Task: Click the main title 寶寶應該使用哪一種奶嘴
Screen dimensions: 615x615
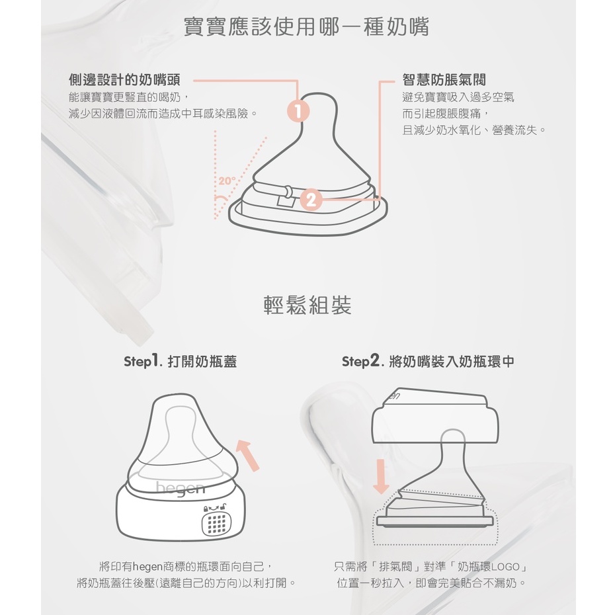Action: coord(306,26)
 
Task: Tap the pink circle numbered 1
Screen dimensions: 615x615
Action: coord(298,110)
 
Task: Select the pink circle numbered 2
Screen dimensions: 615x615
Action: coord(311,200)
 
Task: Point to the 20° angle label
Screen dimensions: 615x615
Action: coord(227,181)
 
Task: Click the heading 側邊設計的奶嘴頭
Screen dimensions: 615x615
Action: coord(125,79)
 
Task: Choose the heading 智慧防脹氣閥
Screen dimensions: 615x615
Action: coord(444,79)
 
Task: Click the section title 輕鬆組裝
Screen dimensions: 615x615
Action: coord(307,305)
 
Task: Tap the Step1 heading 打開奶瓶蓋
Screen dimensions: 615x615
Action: coord(202,361)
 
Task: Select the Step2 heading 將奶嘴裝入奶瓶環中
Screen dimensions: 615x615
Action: coord(452,361)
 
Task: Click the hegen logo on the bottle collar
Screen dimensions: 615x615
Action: coord(181,489)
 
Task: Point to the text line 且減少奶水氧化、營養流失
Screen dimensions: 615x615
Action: coord(474,130)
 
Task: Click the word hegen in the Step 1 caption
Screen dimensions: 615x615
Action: coord(147,566)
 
